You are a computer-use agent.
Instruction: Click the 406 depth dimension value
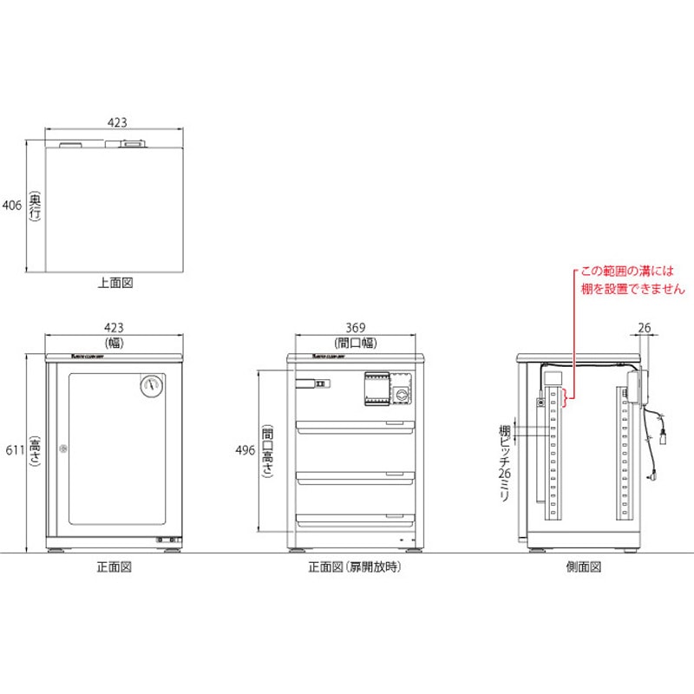(10, 206)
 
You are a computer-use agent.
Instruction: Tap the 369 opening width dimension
(355, 327)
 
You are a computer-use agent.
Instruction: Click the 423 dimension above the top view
(115, 123)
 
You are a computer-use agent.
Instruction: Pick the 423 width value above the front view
(114, 327)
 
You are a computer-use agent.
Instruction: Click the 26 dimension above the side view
(644, 327)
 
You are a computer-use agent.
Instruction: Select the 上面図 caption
(114, 283)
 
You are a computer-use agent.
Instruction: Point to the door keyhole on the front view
(62, 448)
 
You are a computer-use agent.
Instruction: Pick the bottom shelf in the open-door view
(355, 519)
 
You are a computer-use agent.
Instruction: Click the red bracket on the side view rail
(565, 399)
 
